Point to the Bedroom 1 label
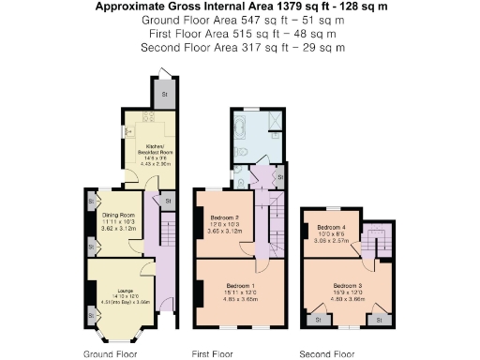[x=241, y=285]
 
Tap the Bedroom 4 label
[x=332, y=228]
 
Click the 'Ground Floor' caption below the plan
[x=110, y=354]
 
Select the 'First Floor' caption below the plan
[x=212, y=354]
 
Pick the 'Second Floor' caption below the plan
[x=326, y=354]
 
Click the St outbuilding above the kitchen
[x=164, y=93]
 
